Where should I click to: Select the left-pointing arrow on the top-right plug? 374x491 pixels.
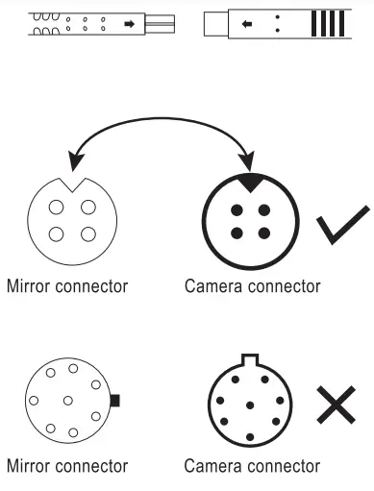pyautogui.click(x=247, y=23)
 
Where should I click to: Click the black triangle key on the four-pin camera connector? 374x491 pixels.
pyautogui.click(x=250, y=179)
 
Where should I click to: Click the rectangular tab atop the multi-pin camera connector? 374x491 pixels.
pyautogui.click(x=249, y=360)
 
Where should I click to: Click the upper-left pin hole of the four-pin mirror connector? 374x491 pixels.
pyautogui.click(x=56, y=208)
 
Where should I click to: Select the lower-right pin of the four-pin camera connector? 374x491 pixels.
pyautogui.click(x=262, y=233)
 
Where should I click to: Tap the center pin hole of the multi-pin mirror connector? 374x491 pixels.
pyautogui.click(x=69, y=400)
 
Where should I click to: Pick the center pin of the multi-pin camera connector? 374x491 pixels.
pyautogui.click(x=249, y=404)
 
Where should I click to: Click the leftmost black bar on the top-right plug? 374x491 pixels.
pyautogui.click(x=316, y=23)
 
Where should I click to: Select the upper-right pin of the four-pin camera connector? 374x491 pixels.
pyautogui.click(x=262, y=209)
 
